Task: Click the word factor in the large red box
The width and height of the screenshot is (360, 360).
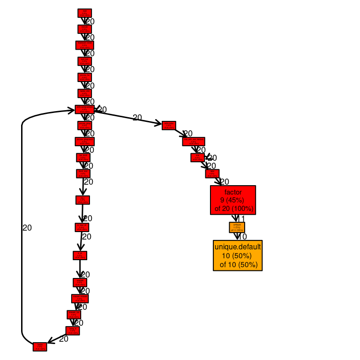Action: click(x=233, y=192)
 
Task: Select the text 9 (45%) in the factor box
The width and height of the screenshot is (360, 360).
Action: click(x=233, y=200)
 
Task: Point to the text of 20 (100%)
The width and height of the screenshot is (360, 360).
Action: click(x=234, y=208)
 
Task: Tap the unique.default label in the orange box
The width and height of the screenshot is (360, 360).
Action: click(x=238, y=247)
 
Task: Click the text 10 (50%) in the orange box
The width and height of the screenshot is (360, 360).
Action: click(x=237, y=255)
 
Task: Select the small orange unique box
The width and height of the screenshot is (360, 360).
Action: click(x=237, y=227)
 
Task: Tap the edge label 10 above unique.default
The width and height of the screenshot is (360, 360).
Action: click(x=242, y=237)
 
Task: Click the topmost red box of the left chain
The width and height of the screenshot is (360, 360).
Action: click(x=84, y=13)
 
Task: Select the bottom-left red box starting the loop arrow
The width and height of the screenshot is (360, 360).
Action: click(x=40, y=347)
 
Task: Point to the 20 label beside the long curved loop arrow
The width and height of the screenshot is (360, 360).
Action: click(x=27, y=228)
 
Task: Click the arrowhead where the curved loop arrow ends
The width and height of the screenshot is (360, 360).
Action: click(x=71, y=111)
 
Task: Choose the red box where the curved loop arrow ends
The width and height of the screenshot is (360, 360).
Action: click(x=84, y=109)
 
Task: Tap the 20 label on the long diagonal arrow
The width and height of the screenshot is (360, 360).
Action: click(x=137, y=118)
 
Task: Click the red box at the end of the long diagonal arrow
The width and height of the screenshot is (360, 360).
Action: click(x=169, y=125)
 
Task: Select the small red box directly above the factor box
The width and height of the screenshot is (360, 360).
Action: click(x=212, y=173)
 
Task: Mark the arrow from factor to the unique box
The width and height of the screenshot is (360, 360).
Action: click(x=235, y=218)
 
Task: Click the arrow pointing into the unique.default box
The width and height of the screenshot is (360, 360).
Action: click(x=237, y=236)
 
